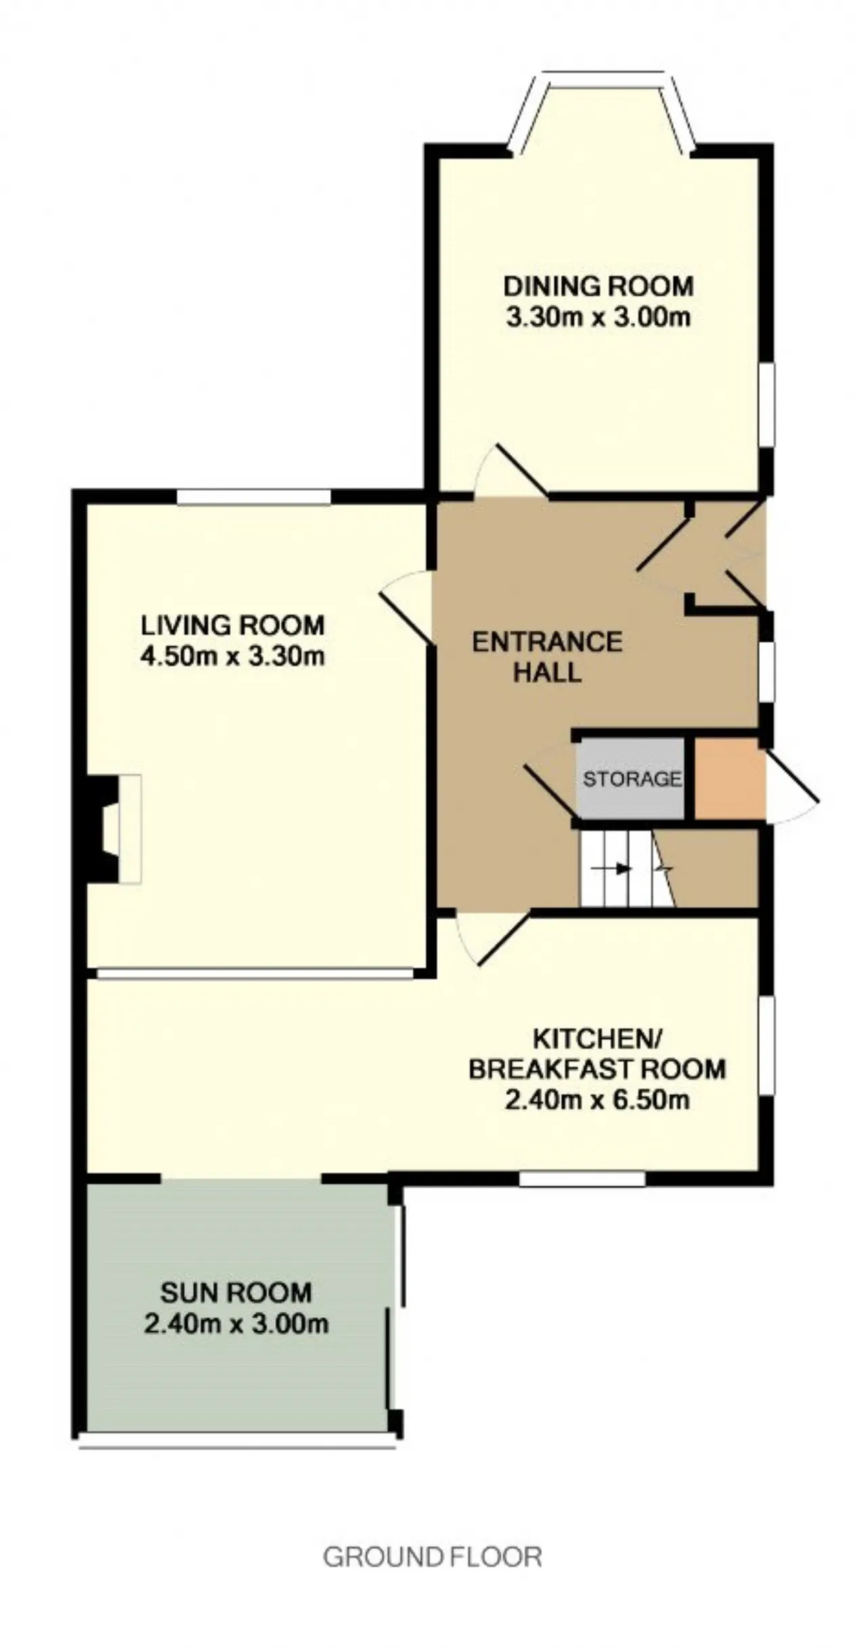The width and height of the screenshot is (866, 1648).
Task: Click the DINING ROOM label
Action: pos(598,286)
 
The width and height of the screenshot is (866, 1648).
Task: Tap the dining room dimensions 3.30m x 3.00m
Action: pos(598,317)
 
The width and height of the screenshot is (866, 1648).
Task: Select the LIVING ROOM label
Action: pos(233,625)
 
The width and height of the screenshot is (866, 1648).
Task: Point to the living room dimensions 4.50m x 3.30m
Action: pos(233,656)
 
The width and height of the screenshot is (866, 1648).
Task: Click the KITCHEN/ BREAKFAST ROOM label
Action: pos(597,1054)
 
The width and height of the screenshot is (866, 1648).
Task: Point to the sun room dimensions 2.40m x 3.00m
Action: pos(236,1324)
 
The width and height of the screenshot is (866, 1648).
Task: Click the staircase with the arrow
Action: pos(627,868)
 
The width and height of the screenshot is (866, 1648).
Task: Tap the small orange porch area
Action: pos(729,778)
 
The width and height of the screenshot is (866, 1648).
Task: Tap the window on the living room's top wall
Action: pos(254,497)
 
